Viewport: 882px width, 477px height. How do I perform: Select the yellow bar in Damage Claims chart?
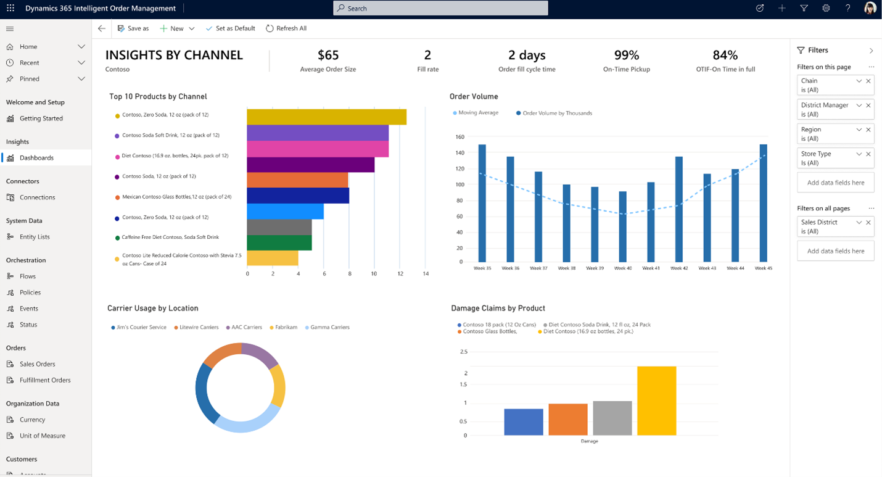tap(657, 400)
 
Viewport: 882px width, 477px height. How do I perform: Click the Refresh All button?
tap(286, 28)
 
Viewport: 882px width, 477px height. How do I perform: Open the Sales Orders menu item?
tap(37, 364)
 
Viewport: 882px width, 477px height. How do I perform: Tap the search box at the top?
tap(440, 8)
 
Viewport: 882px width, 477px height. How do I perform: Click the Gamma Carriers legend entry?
tap(329, 327)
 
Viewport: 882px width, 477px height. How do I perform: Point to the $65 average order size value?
tap(328, 55)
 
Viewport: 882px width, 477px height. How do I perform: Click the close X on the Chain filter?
tap(868, 81)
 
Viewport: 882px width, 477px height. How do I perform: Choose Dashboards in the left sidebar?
tap(36, 158)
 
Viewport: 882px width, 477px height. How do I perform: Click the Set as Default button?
tap(230, 28)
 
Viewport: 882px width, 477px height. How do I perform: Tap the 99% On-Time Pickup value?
tap(627, 55)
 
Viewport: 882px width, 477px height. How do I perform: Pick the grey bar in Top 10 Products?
tap(279, 227)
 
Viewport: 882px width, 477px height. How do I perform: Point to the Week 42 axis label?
tap(679, 268)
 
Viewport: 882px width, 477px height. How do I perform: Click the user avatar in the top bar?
tap(870, 8)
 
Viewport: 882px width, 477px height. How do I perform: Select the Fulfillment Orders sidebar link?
tap(44, 380)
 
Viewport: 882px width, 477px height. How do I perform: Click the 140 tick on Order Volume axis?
tap(460, 152)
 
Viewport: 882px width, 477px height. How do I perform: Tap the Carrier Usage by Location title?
tap(153, 308)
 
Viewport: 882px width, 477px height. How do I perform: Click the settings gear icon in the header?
tap(826, 8)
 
